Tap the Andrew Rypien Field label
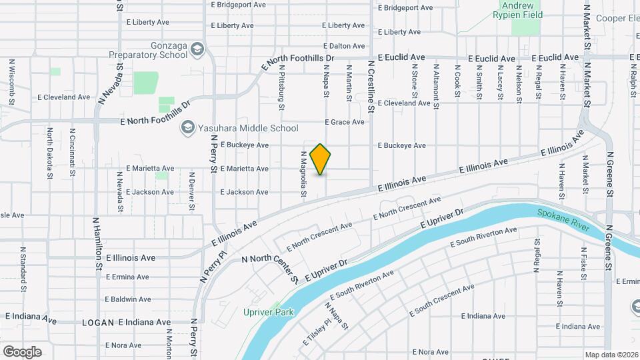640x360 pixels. tap(527, 9)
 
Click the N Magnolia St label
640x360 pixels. tap(303, 173)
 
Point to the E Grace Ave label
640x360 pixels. tap(345, 122)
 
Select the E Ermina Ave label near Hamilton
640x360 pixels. tap(127, 277)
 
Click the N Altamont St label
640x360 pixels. tap(436, 87)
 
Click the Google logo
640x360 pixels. tap(22, 351)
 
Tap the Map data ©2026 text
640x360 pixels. tap(611, 355)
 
